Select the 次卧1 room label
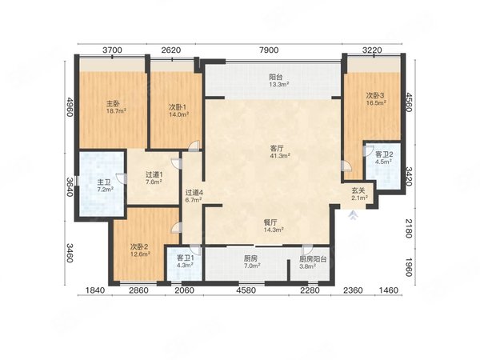178,107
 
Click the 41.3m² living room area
280,156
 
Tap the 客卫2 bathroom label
384,154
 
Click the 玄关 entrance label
358,190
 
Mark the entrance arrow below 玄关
354,215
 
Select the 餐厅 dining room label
271,222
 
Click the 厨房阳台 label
313,259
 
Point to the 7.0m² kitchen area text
252,266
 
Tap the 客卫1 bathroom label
186,258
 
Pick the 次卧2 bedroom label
139,246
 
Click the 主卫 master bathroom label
104,182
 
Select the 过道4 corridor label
194,193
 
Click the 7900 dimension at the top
269,50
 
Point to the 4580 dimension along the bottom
246,290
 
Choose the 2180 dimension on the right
409,228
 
